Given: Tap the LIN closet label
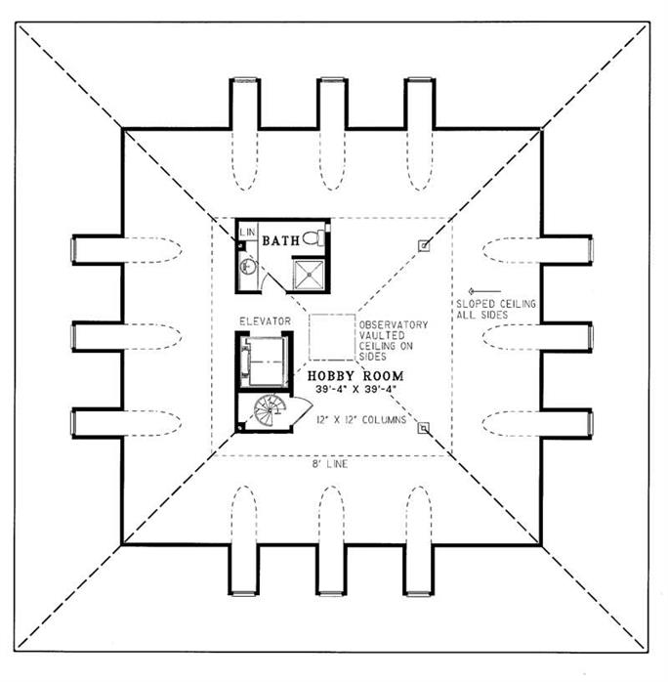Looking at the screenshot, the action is [248, 232].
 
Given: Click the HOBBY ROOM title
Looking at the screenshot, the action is [355, 375].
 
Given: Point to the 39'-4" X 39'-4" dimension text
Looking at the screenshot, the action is [355, 390].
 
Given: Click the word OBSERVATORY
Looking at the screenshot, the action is [393, 324].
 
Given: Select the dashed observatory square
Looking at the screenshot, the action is [332, 338].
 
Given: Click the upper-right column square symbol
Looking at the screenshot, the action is [423, 245].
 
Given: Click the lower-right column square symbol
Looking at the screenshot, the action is [423, 427].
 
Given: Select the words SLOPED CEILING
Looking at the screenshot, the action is [495, 304].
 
